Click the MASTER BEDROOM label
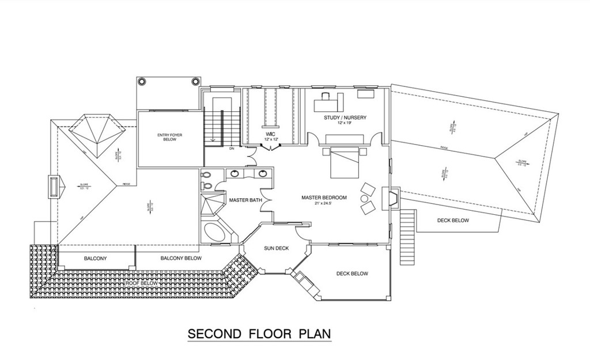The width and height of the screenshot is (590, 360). [x=324, y=198]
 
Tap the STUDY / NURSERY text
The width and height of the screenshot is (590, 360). [x=345, y=118]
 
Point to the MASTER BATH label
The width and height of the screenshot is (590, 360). [x=245, y=200]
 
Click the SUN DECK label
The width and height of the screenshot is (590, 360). [x=276, y=248]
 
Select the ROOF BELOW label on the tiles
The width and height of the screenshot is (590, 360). [x=141, y=283]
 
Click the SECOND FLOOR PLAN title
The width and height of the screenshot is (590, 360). [x=259, y=334]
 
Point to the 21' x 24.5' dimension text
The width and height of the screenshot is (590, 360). [x=324, y=204]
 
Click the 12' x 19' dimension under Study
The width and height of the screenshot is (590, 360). [x=345, y=124]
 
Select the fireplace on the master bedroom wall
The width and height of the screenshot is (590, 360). [x=392, y=198]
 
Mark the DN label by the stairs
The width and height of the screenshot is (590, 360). [x=215, y=148]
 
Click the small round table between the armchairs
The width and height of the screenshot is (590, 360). [x=364, y=199]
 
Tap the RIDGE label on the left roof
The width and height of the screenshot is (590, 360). [x=126, y=184]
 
